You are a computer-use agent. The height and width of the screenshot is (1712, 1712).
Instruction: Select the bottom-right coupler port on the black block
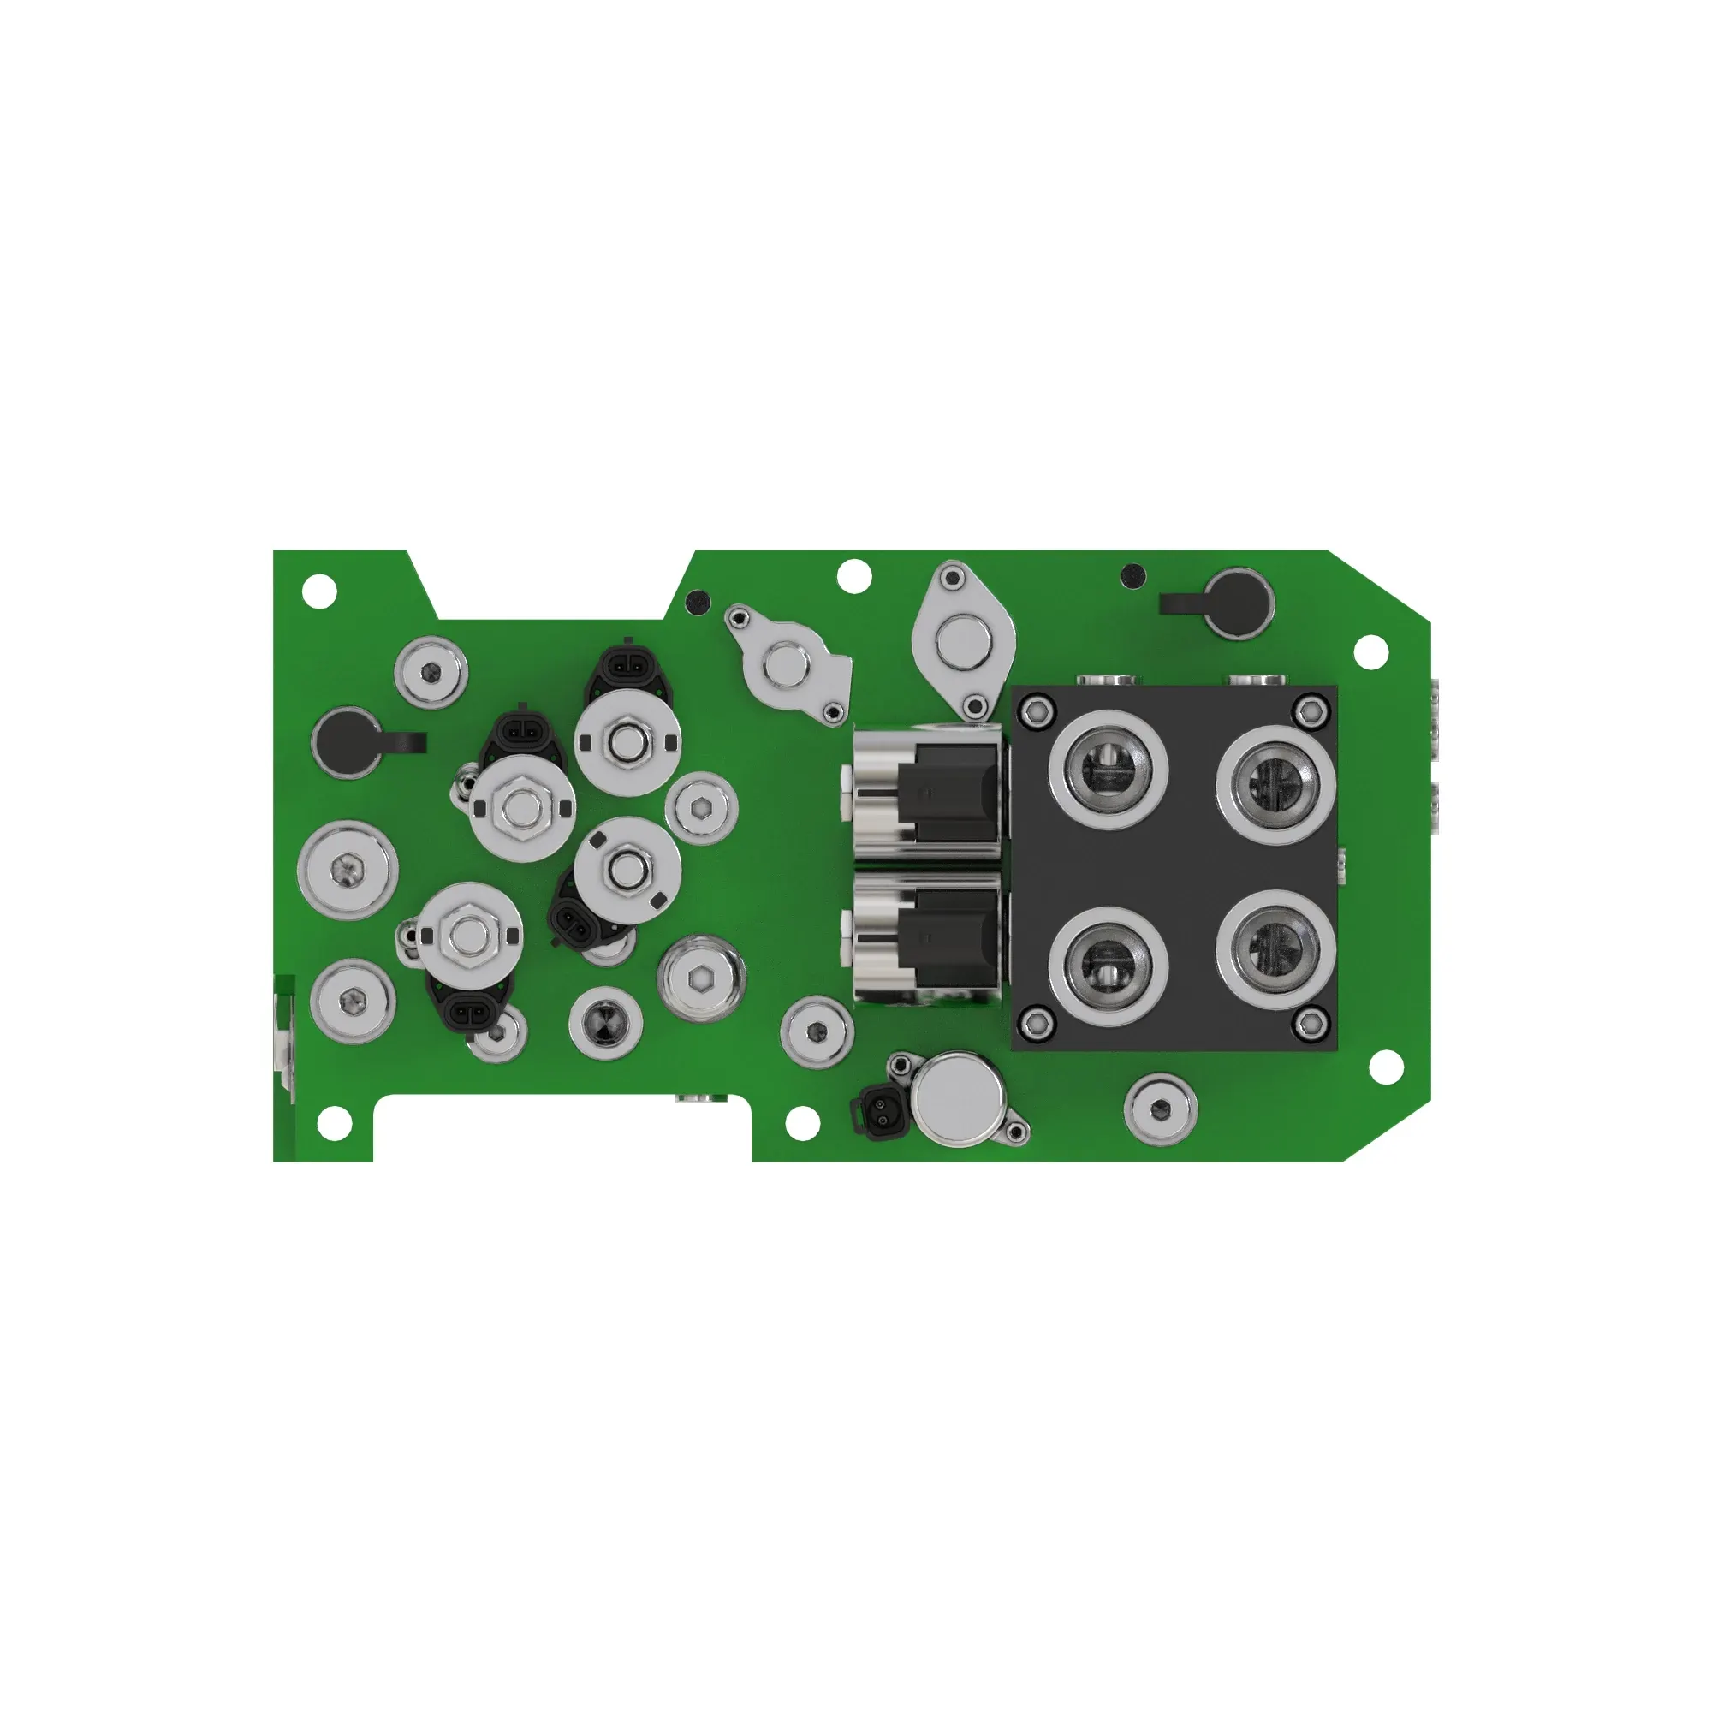tap(1276, 949)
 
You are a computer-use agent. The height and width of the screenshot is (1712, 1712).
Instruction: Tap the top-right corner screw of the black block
tap(1307, 708)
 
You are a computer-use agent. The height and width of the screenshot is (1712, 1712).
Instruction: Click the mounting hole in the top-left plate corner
tap(319, 588)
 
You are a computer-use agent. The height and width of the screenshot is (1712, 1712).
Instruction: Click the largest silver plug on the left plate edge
tap(348, 871)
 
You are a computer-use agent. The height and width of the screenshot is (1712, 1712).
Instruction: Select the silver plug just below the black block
tap(1160, 1107)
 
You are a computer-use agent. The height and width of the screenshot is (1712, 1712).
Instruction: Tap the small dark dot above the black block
tap(1132, 577)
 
